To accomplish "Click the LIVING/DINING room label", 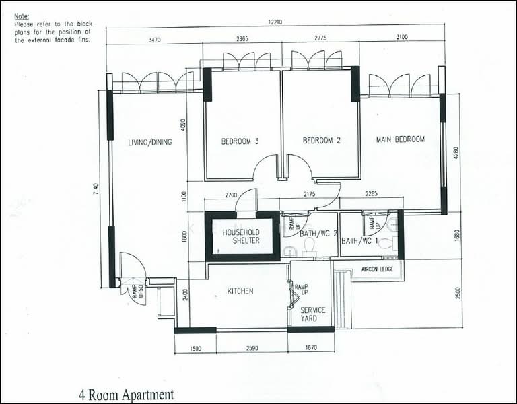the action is point(150,142).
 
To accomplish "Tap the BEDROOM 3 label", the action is point(240,141).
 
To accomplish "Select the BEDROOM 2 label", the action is point(322,141).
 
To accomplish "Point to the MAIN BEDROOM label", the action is point(401,139).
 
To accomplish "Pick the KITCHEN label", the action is point(240,291).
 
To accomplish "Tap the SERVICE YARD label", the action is point(312,314).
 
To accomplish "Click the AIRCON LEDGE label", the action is point(377,269).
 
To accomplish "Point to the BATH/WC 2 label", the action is point(318,234).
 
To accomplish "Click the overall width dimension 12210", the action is point(275,22).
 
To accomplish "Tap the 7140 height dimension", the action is point(96,189).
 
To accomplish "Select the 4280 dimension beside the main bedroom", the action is point(456,153).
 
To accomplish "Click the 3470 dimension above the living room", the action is point(154,40).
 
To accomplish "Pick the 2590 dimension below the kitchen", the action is point(252,348).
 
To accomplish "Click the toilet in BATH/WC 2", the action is point(309,246).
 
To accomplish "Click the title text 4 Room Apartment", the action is point(127,395).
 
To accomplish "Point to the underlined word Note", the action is point(22,16).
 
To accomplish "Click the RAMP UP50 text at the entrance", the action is point(138,292).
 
